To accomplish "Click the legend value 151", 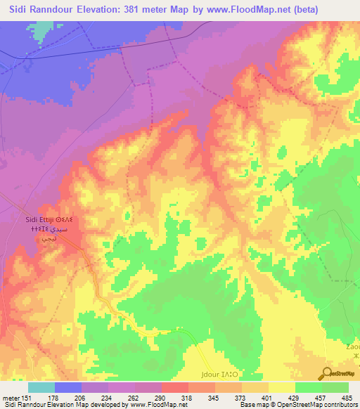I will tap(27, 397).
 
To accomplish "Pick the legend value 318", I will tap(188, 397).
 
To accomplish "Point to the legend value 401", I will tap(269, 397).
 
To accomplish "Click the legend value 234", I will tap(108, 397).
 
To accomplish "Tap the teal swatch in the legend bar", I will tap(41, 387).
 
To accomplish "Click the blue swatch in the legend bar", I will tap(67, 387).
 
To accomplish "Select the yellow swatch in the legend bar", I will tap(281, 387).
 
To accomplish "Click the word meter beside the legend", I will tap(10, 397).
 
